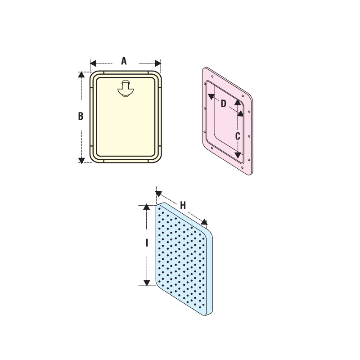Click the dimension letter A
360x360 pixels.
[x=124, y=61]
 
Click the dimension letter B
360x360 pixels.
[x=81, y=116]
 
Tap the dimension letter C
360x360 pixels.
[x=238, y=136]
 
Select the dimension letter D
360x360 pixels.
[x=223, y=104]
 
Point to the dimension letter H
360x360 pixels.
[x=183, y=206]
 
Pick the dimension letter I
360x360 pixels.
[x=147, y=243]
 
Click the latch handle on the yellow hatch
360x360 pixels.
[x=126, y=88]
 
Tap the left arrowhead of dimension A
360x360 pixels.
[x=93, y=63]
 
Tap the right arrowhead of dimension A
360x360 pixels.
[x=158, y=63]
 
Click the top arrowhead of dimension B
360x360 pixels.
[x=81, y=75]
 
